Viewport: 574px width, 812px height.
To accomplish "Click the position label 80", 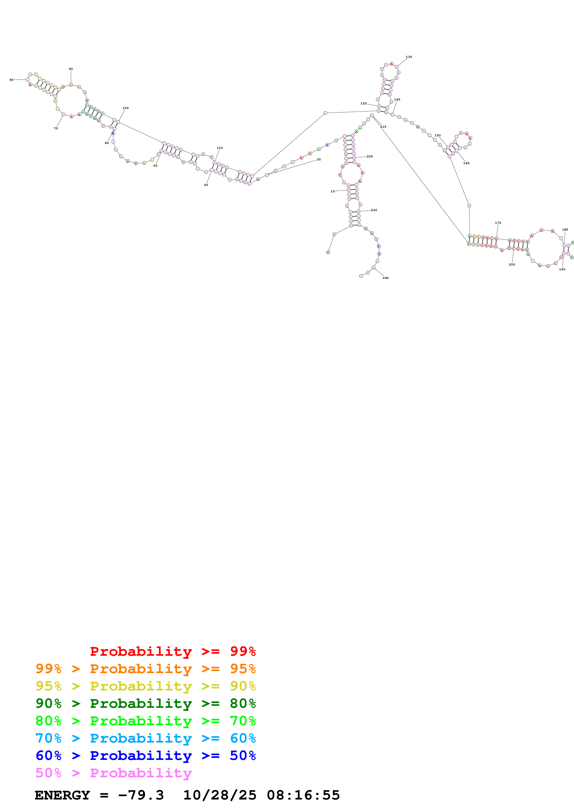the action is [11, 80].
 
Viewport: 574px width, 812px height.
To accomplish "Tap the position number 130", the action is [409, 57].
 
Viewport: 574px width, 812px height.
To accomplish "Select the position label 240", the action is [386, 278].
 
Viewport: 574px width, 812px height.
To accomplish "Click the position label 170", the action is [498, 223].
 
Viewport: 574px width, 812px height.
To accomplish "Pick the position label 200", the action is [512, 265].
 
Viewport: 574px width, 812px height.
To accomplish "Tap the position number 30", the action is [319, 159].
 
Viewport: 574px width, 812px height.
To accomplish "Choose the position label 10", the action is [332, 191].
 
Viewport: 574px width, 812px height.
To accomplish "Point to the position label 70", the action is [56, 128].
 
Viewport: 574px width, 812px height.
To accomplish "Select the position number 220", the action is [370, 156].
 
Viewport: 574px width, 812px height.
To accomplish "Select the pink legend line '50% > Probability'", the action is [113, 773].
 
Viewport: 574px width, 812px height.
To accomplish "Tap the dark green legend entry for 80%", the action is [145, 703].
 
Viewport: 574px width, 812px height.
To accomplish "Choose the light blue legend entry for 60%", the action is [145, 738].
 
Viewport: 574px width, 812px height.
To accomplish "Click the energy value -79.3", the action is [141, 795].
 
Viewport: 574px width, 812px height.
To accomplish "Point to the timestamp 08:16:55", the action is [303, 795].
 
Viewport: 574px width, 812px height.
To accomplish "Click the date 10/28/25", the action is [220, 795].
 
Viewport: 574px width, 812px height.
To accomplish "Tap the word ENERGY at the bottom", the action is [62, 795].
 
